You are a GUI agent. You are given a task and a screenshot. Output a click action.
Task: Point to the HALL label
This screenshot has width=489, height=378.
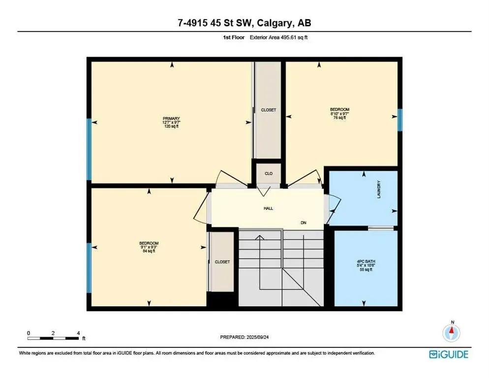coord(268,208)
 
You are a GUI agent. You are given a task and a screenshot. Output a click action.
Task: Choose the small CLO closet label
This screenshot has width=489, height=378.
coord(269,173)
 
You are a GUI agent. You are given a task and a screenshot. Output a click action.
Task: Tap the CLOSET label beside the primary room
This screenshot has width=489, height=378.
coord(268,110)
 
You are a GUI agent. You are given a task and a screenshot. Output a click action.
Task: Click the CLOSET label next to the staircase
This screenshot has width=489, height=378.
coord(222,262)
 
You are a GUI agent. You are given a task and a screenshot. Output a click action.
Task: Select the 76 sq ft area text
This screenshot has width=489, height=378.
coord(339,118)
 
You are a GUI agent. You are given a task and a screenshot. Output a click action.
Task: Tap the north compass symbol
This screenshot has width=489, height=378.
coord(451,332)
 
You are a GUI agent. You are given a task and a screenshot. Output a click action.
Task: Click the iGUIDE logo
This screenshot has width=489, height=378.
coord(449,354)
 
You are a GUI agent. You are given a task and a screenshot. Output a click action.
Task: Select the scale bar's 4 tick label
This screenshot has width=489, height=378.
coord(79,333)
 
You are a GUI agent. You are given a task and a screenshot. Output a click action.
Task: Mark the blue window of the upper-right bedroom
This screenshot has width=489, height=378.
coord(400,120)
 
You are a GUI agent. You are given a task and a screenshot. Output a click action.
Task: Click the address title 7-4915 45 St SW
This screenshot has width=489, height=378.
coord(244,23)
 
